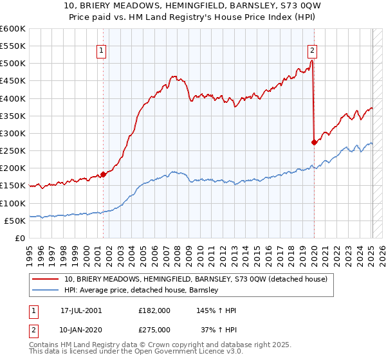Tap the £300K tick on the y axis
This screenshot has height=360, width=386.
click(13, 133)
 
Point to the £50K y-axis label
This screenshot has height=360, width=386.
click(15, 221)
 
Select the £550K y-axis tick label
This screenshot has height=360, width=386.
click(13, 46)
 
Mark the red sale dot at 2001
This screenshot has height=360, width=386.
click(103, 174)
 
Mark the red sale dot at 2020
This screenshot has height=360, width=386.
click(314, 142)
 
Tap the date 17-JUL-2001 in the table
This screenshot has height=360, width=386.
click(81, 310)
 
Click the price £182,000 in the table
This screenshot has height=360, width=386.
click(154, 310)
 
